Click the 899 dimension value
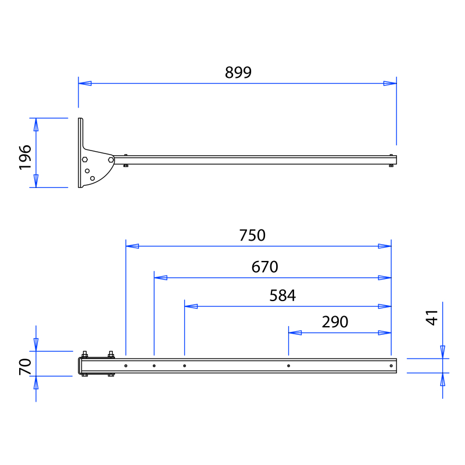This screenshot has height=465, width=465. point(238,72)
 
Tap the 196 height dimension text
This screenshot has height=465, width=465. point(25,158)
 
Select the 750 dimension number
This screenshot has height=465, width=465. point(252,235)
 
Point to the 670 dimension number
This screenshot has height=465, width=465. point(265,267)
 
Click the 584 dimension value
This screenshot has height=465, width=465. point(282,296)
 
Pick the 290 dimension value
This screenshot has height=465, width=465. point(335,322)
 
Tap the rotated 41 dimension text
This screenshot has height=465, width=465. point(432,317)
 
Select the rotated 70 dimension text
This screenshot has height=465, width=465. point(25,367)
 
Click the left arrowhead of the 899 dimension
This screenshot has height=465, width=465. point(85,83)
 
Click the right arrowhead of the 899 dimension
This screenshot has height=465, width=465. point(390,83)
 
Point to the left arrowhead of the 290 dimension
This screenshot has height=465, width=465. point(295,332)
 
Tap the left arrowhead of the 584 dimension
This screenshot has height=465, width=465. point(191,306)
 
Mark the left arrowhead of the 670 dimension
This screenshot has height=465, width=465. point(161,278)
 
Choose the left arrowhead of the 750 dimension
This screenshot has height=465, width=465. point(133,246)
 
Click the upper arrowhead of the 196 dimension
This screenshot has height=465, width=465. point(36,124)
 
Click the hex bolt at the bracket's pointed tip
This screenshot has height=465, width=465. point(111,160)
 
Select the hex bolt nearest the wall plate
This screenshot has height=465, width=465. point(85,159)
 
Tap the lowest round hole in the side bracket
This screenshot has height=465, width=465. point(92,178)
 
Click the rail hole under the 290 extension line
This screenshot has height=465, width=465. point(288,366)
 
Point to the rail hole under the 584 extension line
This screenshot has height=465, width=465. point(184,366)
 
